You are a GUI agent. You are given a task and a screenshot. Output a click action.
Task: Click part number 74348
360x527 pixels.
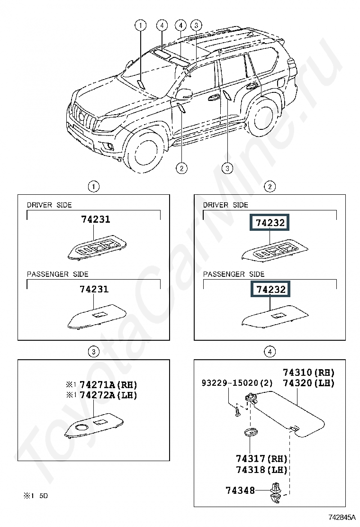240,491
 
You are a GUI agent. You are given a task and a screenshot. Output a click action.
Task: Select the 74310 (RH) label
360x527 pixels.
309,373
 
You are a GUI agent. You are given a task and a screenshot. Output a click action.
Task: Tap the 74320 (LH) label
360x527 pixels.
309,383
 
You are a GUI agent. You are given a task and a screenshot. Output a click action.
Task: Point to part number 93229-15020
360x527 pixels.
230,383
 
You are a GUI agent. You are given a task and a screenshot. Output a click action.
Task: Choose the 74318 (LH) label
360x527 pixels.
261,469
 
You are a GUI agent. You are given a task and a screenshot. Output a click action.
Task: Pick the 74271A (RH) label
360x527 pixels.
108,384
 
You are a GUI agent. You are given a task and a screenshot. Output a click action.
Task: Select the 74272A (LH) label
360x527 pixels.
108,395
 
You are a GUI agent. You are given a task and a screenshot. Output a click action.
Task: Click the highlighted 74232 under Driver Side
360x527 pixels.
270,222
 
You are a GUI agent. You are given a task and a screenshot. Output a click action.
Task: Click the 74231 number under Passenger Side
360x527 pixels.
94,289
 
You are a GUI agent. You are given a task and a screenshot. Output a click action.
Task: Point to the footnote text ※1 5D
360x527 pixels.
36,496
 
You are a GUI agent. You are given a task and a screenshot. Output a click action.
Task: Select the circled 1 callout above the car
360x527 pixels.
140,25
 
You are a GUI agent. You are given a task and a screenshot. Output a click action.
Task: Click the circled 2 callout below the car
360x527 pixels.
181,168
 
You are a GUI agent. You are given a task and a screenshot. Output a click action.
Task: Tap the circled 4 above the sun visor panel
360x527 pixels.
270,352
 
